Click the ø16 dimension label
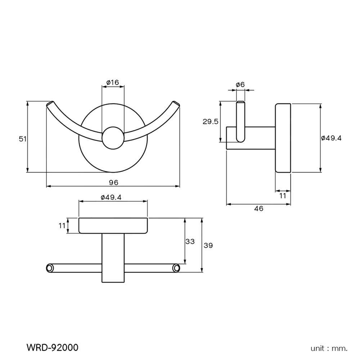pos(113,82)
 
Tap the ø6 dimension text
pos(240,84)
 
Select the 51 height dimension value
pos(23,139)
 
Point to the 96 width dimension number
pos(113,183)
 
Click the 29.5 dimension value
pos(211,122)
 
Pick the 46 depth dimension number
pos(258,208)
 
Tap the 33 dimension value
pos(190,241)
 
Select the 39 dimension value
pos(208,246)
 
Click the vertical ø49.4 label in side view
pos(331,138)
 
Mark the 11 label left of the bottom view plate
pos(62,226)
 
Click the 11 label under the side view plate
pos(283,195)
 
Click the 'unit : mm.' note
pos(329,348)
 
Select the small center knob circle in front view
pos(113,138)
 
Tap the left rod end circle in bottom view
pos(50,268)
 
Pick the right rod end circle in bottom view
pos(176,268)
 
